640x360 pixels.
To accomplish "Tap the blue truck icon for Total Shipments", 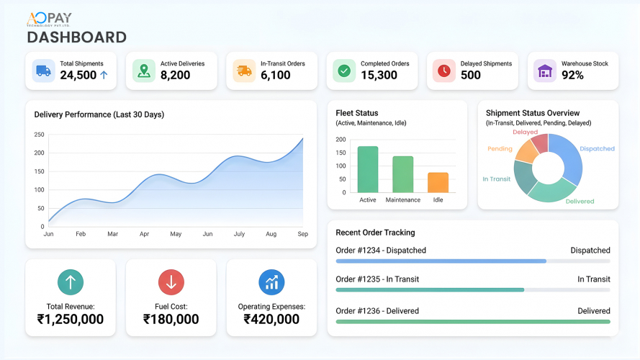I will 43,71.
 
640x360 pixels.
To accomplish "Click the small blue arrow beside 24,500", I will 104,75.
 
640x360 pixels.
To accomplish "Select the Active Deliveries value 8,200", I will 176,75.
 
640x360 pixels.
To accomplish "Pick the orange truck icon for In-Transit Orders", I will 244,71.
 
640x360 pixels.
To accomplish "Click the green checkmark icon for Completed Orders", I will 344,71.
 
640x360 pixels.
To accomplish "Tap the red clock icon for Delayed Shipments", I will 444,71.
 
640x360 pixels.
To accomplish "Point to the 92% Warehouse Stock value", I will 572,75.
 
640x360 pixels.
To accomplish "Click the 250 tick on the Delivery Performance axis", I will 39,135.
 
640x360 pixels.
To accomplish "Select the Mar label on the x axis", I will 112,234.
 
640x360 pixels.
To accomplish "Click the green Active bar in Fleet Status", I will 368,169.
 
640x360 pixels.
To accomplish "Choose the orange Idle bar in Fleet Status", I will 438,182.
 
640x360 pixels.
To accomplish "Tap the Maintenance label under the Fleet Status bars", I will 402,199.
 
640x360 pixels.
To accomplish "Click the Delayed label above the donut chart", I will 525,132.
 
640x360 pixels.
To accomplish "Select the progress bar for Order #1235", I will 430,289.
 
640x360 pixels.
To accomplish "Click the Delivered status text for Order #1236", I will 593,311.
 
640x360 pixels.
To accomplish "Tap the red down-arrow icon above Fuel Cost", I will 171,282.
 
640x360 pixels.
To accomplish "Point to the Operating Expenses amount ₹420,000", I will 271,319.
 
